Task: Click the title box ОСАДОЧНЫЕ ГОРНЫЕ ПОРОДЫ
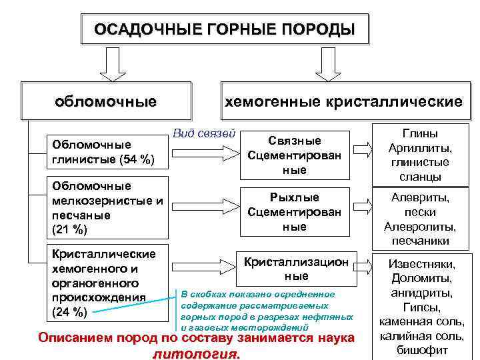click(224, 29)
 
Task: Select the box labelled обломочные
click(106, 101)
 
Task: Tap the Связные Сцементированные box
click(294, 155)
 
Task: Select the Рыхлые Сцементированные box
click(294, 212)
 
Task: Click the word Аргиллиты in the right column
click(418, 148)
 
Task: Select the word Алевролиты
click(420, 227)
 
